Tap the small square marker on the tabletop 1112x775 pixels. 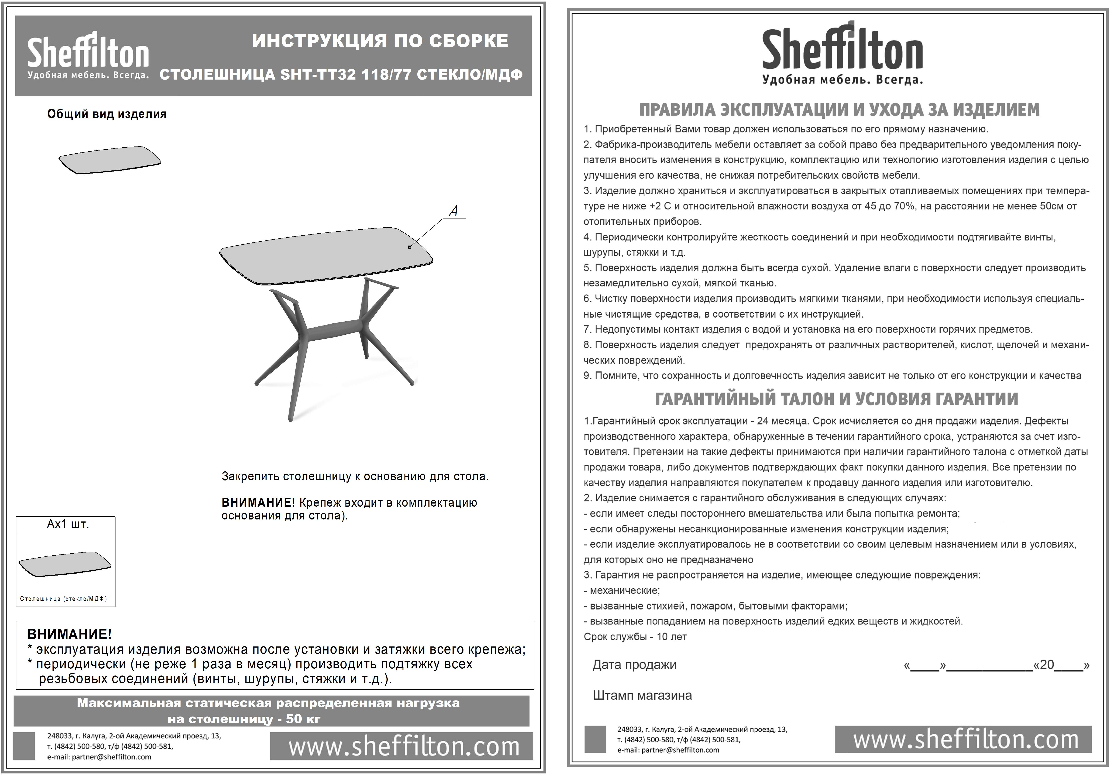point(410,247)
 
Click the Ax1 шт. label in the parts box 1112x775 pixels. point(68,524)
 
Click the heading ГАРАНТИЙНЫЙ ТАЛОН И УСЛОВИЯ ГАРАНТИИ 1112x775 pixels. point(836,399)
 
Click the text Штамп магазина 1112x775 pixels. point(642,696)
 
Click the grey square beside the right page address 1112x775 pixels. point(595,739)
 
